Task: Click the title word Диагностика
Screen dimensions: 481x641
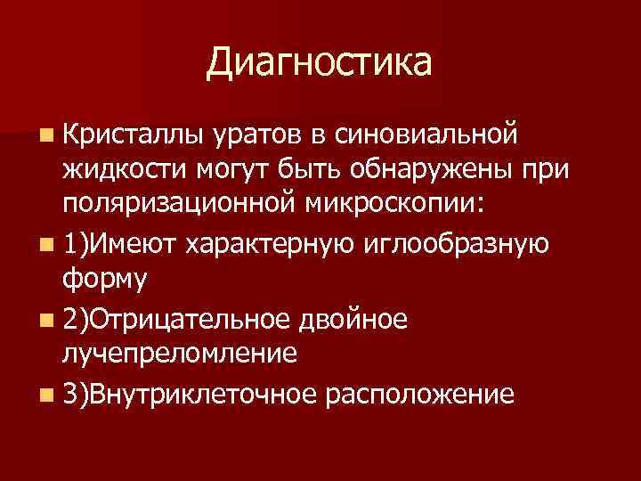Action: (319, 63)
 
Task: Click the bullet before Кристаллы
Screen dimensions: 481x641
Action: (45, 135)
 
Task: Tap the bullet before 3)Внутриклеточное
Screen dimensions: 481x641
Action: (45, 393)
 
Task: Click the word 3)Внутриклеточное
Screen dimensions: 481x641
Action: (190, 393)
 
